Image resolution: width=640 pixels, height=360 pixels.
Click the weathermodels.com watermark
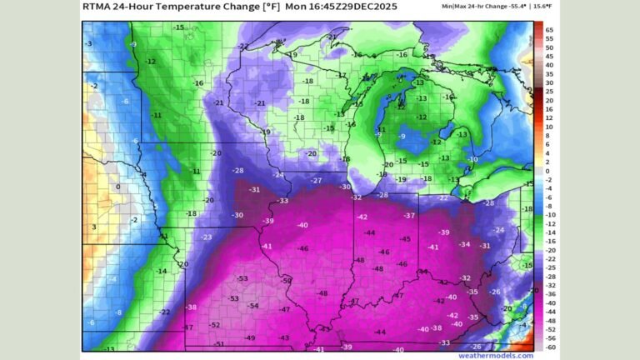pyautogui.click(x=501, y=355)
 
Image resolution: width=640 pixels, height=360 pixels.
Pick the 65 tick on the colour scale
pyautogui.click(x=549, y=29)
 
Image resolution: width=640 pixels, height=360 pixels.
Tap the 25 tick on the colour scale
pyautogui.click(x=549, y=92)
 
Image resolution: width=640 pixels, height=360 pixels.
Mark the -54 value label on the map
pyautogui.click(x=252, y=306)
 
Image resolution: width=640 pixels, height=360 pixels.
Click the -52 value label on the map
pyautogui.click(x=215, y=325)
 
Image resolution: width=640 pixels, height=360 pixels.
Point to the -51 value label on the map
pyautogui.click(x=220, y=344)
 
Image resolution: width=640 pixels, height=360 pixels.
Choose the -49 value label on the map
pyautogui.click(x=250, y=337)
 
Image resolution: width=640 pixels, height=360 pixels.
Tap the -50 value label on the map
pyautogui.click(x=287, y=281)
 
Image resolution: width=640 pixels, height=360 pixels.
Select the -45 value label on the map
pyautogui.click(x=405, y=239)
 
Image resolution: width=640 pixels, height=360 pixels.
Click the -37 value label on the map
pyautogui.click(x=410, y=216)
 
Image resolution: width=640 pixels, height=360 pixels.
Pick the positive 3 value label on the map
pyautogui.click(x=94, y=227)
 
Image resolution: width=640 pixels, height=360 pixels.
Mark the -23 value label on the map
pyautogui.click(x=206, y=237)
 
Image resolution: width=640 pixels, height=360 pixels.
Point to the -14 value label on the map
pyautogui.click(x=162, y=271)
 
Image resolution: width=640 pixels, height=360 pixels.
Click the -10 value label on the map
pyautogui.click(x=472, y=159)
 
